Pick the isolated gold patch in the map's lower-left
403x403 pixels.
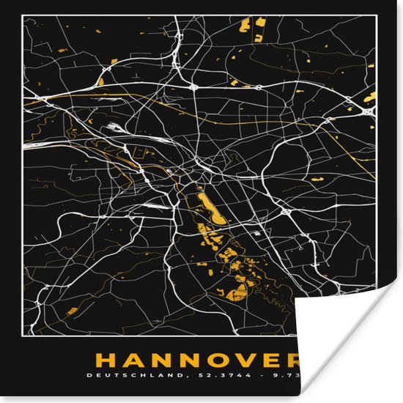point(72,311)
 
